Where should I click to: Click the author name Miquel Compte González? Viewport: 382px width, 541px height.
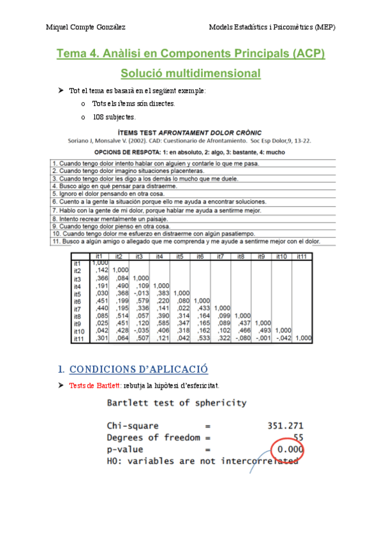pyautogui.click(x=85, y=27)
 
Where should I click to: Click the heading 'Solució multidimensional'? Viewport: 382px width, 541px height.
pyautogui.click(x=191, y=73)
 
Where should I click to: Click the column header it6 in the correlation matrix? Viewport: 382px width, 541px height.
pyautogui.click(x=200, y=256)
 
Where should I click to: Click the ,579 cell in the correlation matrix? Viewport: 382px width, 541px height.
pyautogui.click(x=138, y=299)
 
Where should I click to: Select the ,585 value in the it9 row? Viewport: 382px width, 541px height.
pyautogui.click(x=159, y=323)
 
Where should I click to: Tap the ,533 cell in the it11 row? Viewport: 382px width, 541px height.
pyautogui.click(x=200, y=339)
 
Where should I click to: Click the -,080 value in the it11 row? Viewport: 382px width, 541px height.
pyautogui.click(x=239, y=339)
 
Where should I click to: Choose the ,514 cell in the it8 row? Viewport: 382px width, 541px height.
pyautogui.click(x=119, y=315)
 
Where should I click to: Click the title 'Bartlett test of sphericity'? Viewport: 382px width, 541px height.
pyautogui.click(x=177, y=403)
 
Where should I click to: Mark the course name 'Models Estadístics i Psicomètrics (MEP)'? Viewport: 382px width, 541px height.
pyautogui.click(x=272, y=27)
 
